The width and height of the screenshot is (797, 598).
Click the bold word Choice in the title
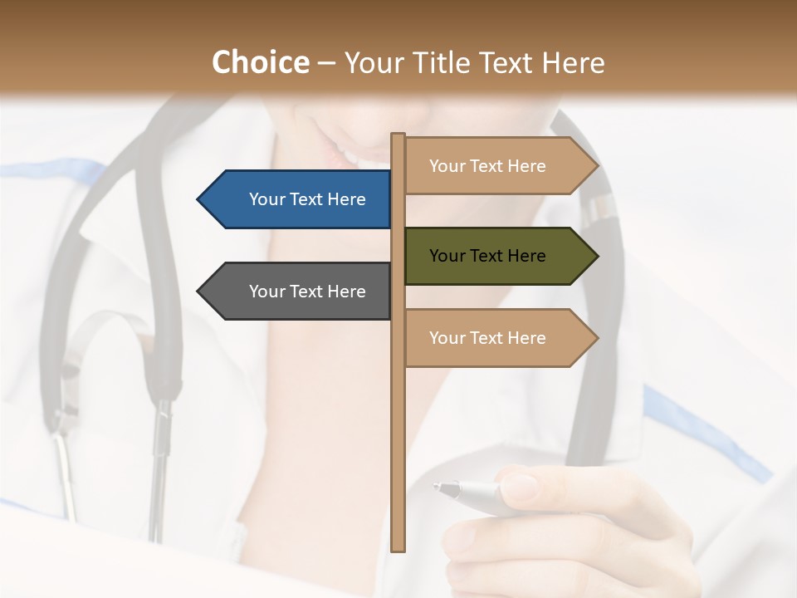[x=260, y=62]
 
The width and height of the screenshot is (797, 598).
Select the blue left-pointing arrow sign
[x=299, y=199]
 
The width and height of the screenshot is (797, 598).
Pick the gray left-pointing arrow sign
[x=299, y=292]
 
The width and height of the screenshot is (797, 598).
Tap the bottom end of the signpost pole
[x=398, y=548]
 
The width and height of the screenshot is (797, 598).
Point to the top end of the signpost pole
[x=398, y=135]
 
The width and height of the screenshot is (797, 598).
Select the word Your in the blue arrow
[x=266, y=199]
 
